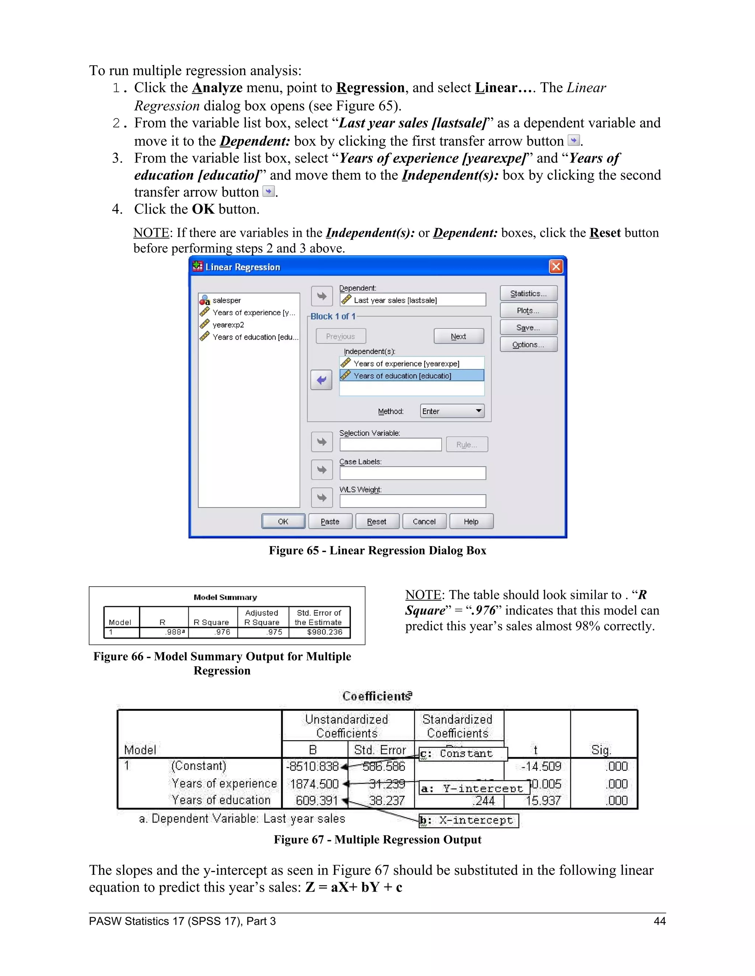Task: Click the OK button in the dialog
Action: (x=283, y=522)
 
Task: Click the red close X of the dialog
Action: (x=556, y=267)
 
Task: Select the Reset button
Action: (x=377, y=522)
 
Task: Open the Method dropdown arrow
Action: (x=478, y=411)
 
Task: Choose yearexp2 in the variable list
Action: (x=228, y=325)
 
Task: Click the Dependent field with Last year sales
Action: (x=413, y=300)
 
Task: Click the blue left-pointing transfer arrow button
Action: (x=321, y=380)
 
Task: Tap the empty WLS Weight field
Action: (x=413, y=501)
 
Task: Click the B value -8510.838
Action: (x=312, y=767)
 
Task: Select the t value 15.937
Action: (x=543, y=801)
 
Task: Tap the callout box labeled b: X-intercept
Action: (x=468, y=821)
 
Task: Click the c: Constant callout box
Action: (x=463, y=754)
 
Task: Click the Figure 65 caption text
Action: (x=377, y=551)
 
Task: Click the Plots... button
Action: (x=528, y=310)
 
